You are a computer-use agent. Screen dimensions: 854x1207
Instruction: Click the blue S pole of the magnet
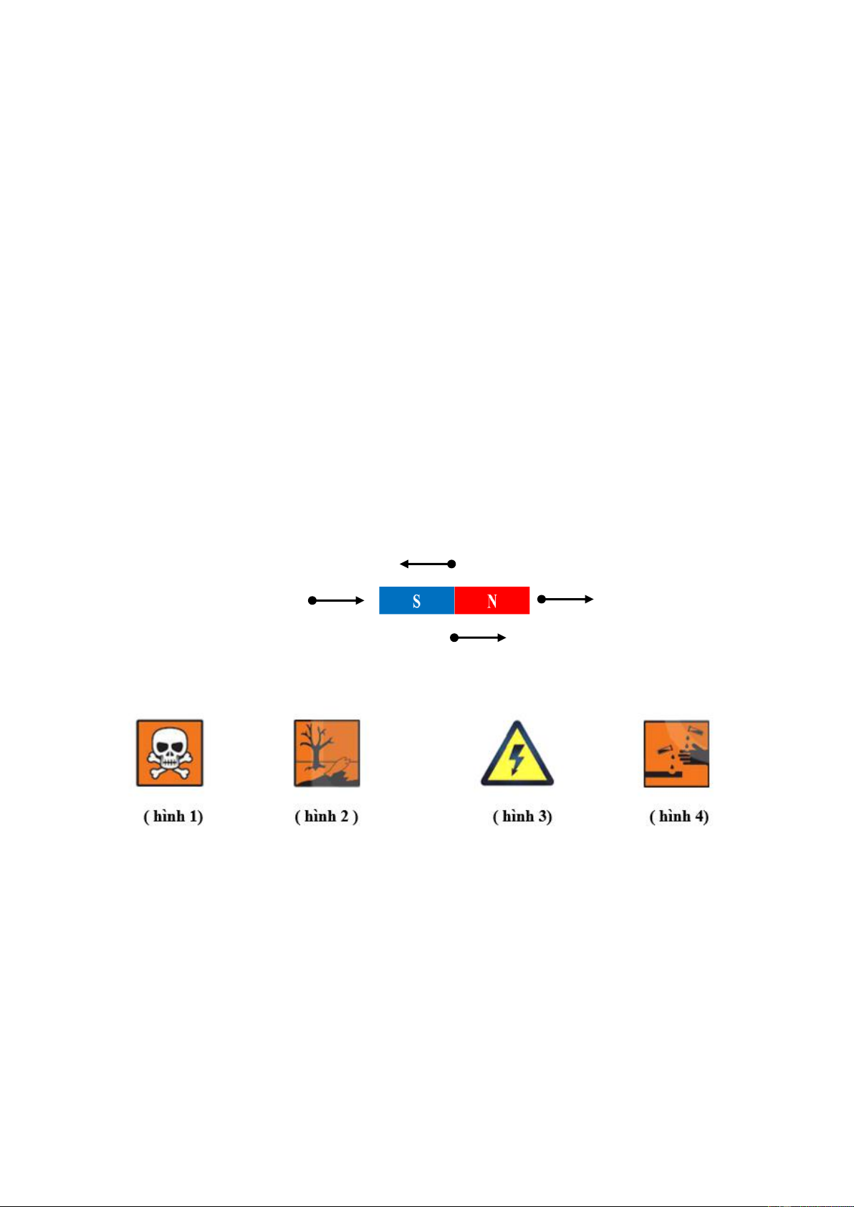tap(416, 600)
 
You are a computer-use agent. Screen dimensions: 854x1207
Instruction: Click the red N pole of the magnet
tap(492, 600)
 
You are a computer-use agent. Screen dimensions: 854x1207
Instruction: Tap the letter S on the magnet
tap(416, 601)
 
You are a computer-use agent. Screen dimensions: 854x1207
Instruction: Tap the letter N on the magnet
tap(492, 601)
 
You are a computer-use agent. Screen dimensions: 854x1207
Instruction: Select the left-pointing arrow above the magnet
tap(428, 564)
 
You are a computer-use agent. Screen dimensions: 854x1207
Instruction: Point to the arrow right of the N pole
tap(566, 599)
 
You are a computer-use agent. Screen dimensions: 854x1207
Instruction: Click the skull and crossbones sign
tap(170, 753)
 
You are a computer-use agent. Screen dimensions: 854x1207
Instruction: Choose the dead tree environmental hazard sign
tap(327, 754)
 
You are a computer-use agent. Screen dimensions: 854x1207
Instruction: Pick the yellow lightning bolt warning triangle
tap(517, 754)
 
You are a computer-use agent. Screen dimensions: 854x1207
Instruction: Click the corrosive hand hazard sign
tap(677, 754)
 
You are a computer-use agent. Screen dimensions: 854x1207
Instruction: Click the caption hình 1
tap(173, 817)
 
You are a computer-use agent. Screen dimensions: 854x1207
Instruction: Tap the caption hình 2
tap(327, 817)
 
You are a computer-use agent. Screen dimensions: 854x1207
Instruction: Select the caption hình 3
tap(522, 817)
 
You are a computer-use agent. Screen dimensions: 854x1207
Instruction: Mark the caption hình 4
tap(679, 817)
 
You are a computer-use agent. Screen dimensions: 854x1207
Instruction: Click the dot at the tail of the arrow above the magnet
tap(452, 564)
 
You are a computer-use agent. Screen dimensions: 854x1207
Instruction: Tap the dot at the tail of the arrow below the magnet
tap(454, 638)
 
